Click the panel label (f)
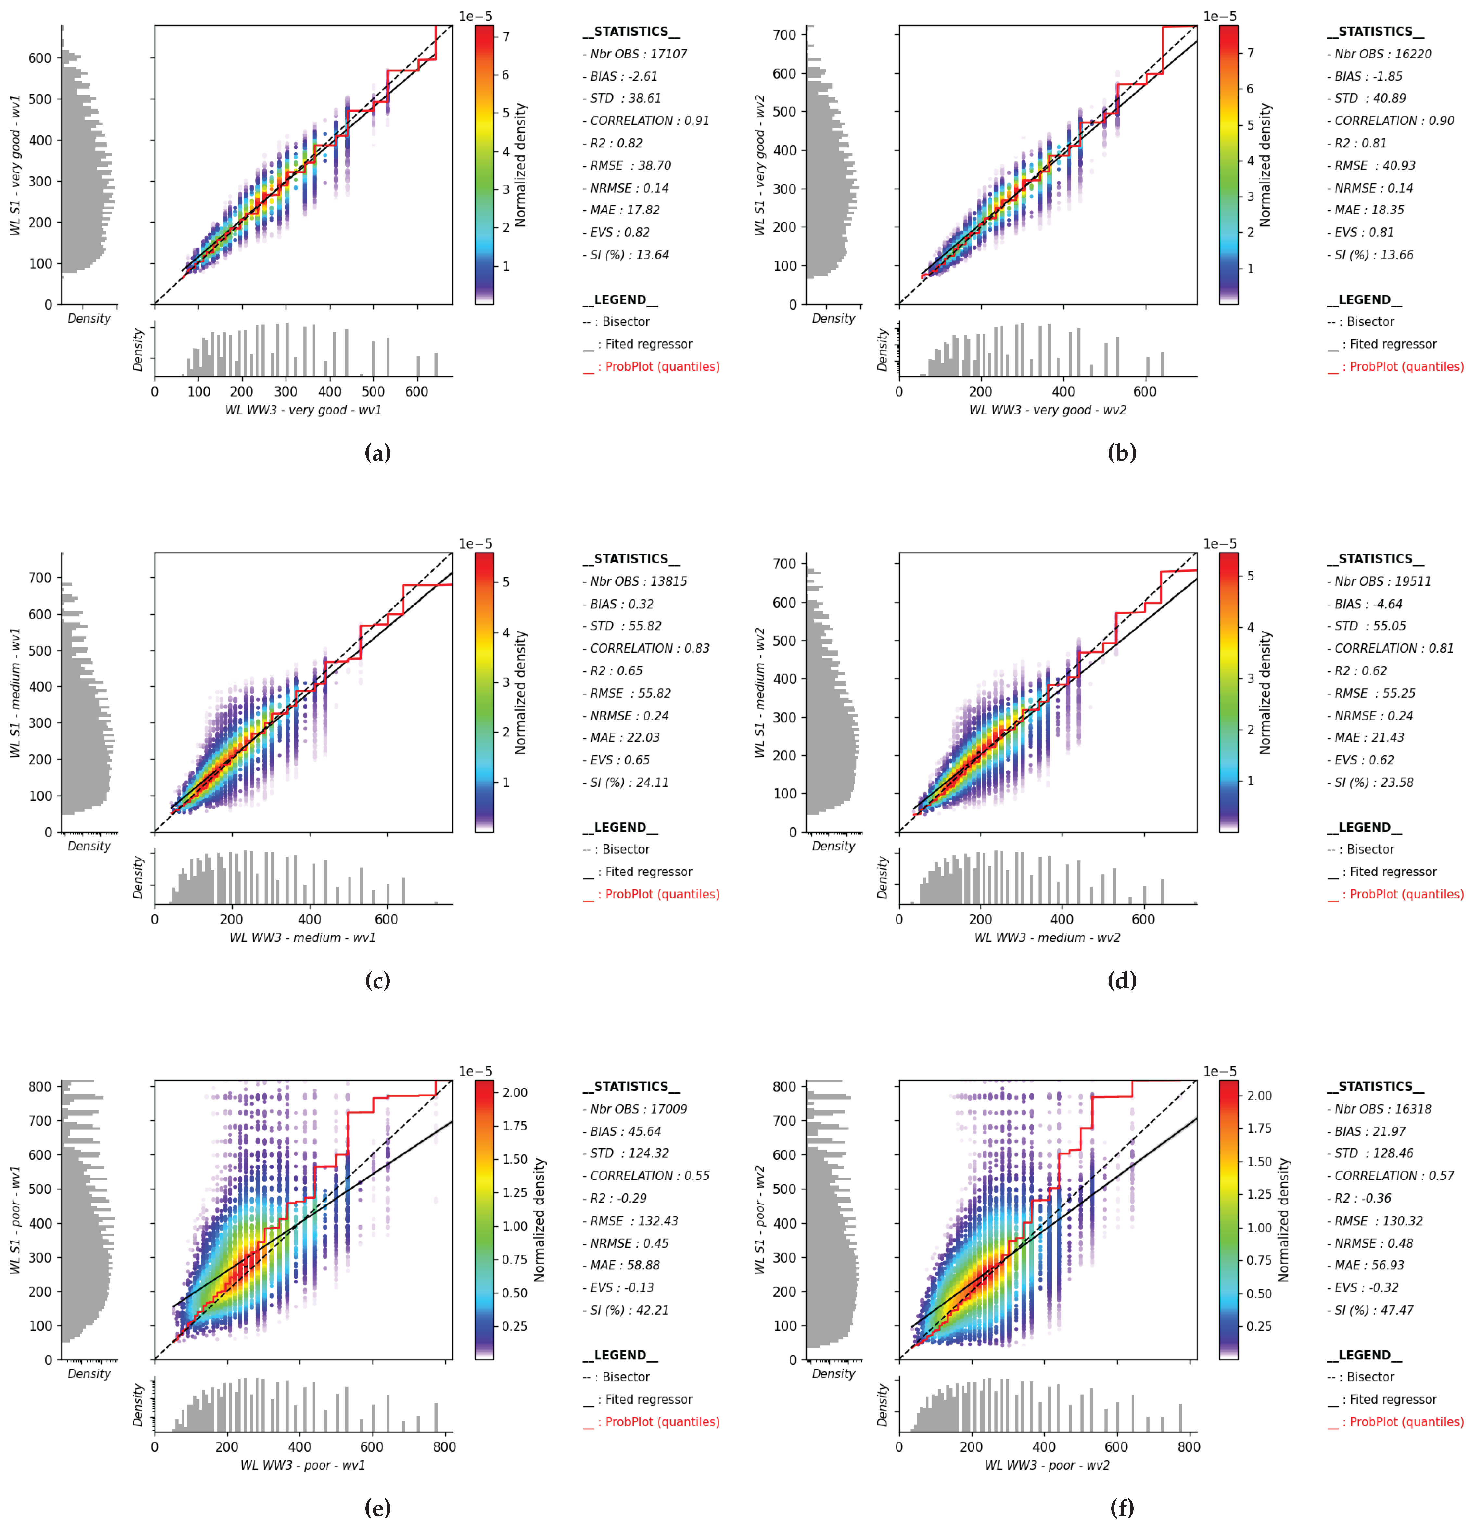point(1122,1508)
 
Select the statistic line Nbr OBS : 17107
point(635,54)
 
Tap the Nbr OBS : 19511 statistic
point(1379,581)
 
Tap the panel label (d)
point(1122,981)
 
